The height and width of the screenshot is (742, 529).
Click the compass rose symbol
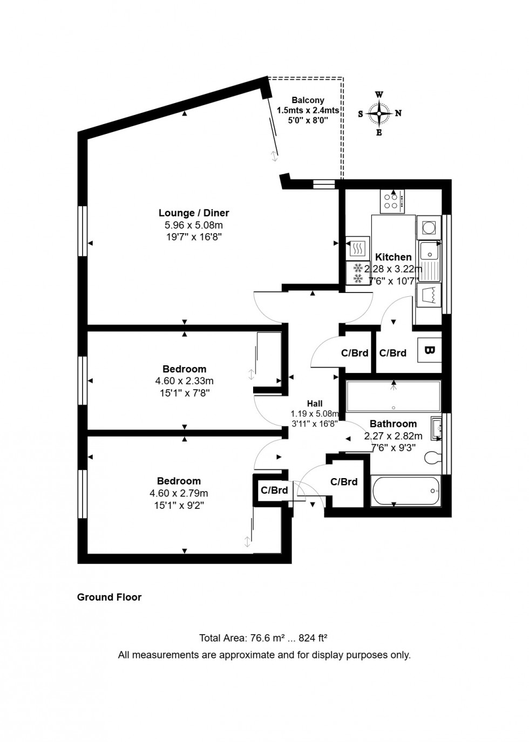coord(379,113)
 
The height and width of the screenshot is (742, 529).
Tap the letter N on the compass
coord(398,113)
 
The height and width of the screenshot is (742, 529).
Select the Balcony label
coord(308,100)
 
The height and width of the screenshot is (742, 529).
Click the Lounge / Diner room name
coord(194,213)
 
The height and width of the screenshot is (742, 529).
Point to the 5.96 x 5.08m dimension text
coord(194,225)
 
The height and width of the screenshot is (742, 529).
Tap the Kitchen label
coord(394,257)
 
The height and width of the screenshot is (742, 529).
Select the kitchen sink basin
coord(430,251)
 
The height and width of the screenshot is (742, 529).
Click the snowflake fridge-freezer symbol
coord(357,273)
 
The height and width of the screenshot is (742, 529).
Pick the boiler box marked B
coord(430,350)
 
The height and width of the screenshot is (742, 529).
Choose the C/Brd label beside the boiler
coord(392,353)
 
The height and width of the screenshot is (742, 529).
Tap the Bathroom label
coord(393,424)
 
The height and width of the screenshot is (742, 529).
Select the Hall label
coord(315,404)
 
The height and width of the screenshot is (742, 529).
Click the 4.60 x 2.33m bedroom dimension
coord(184,381)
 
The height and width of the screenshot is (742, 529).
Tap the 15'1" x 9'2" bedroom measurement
coord(179,505)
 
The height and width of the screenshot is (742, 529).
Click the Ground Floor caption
coord(109,597)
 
